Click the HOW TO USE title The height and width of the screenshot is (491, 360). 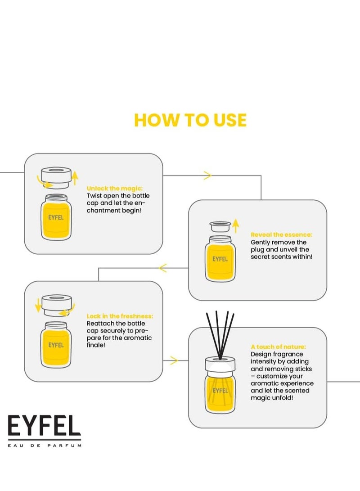pyautogui.click(x=190, y=120)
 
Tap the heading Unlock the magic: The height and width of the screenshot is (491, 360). pyautogui.click(x=115, y=188)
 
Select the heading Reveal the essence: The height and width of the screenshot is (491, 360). pyautogui.click(x=281, y=234)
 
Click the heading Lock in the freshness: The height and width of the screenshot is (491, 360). pyautogui.click(x=120, y=316)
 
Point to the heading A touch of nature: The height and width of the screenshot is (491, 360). pyautogui.click(x=278, y=347)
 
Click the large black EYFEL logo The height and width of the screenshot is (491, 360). pyautogui.click(x=44, y=426)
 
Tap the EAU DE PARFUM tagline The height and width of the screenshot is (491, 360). pyautogui.click(x=45, y=445)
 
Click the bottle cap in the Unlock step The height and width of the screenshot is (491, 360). pyautogui.click(x=56, y=177)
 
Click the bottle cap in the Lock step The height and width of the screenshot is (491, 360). pyautogui.click(x=57, y=305)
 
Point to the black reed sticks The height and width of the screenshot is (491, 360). pyautogui.click(x=220, y=335)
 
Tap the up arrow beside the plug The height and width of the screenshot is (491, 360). pyautogui.click(x=236, y=225)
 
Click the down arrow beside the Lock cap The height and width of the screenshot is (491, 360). pyautogui.click(x=38, y=305)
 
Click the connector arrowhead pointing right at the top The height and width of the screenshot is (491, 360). pyautogui.click(x=207, y=176)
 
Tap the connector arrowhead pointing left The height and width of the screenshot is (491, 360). pyautogui.click(x=163, y=268)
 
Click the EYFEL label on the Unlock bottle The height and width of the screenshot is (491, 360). pyautogui.click(x=56, y=217)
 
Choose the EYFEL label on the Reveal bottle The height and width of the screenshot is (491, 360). pyautogui.click(x=220, y=259)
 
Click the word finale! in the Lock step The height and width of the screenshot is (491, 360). pyautogui.click(x=96, y=345)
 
